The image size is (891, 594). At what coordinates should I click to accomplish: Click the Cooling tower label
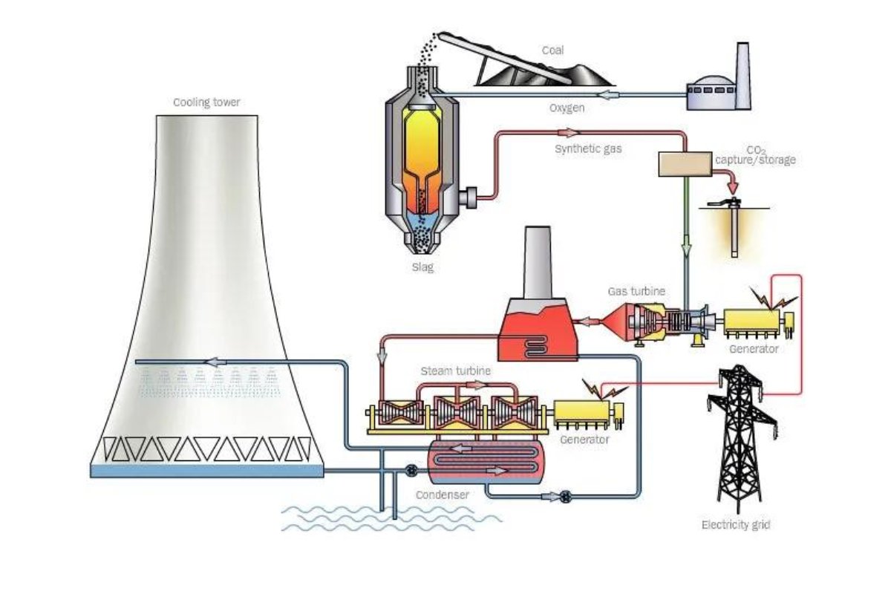(x=206, y=102)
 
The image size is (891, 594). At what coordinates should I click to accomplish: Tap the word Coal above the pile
(x=552, y=50)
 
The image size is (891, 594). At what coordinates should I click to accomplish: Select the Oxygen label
(x=567, y=108)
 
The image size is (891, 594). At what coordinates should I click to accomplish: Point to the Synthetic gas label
(x=588, y=149)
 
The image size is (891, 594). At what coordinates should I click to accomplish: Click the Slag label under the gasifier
(x=422, y=267)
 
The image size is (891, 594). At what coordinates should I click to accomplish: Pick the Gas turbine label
(x=636, y=291)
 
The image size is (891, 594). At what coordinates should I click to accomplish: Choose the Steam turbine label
(x=455, y=371)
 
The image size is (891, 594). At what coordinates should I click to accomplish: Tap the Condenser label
(x=443, y=495)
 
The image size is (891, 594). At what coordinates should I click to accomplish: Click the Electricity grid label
(x=736, y=525)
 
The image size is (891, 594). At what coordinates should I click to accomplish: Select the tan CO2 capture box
(x=685, y=164)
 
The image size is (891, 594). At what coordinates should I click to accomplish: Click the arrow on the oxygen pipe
(x=609, y=95)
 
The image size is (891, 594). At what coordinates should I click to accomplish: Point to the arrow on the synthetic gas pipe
(x=568, y=132)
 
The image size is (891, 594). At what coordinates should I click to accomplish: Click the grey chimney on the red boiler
(x=538, y=263)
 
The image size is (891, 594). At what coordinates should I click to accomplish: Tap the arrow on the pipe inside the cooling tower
(x=215, y=362)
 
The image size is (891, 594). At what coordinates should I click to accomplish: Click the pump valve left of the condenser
(x=411, y=471)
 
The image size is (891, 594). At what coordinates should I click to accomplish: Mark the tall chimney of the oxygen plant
(x=742, y=75)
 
